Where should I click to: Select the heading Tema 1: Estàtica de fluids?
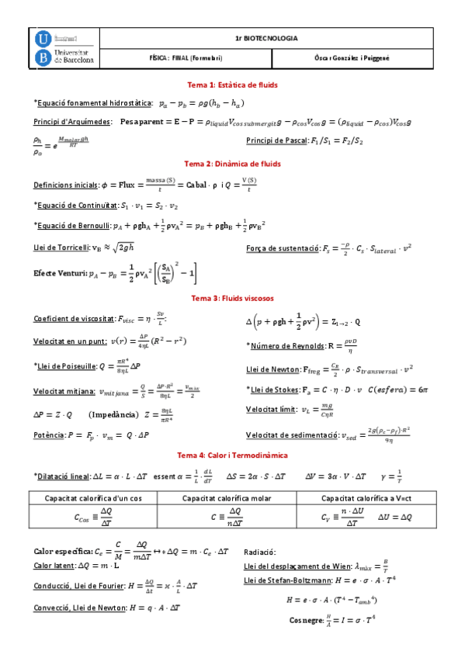pos(233,85)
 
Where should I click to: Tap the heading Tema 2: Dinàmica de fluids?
pos(233,164)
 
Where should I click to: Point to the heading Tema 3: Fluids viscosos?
pos(233,298)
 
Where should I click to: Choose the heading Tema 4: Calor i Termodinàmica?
pos(233,455)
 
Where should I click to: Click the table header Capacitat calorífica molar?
pos(233,498)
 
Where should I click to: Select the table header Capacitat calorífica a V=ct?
pos(363,498)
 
